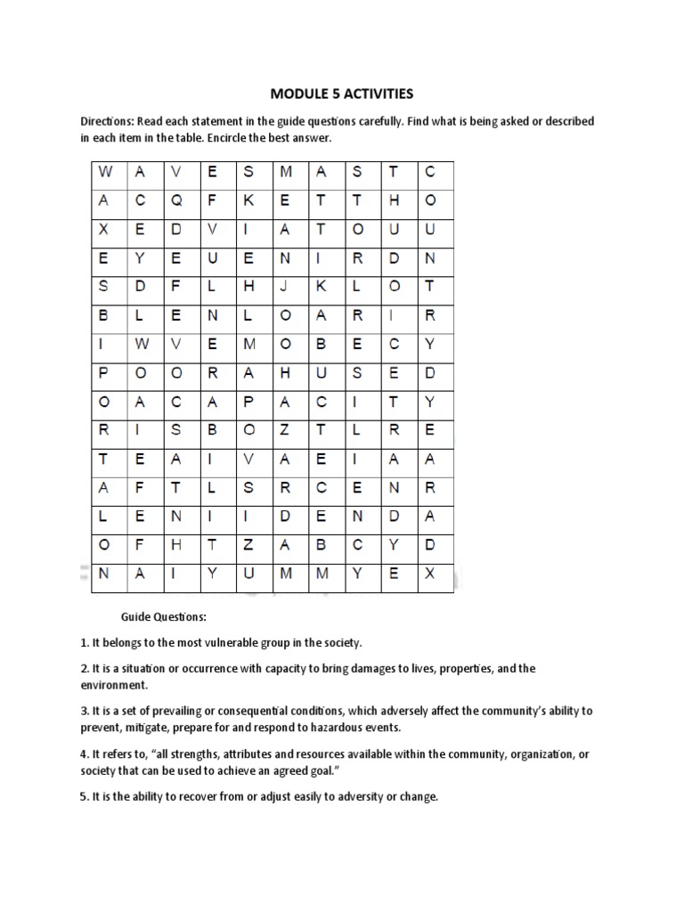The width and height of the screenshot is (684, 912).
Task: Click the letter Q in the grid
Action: (176, 201)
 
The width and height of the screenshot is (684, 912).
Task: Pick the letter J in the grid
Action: (285, 285)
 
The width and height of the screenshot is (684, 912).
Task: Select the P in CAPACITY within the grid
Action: (248, 402)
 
